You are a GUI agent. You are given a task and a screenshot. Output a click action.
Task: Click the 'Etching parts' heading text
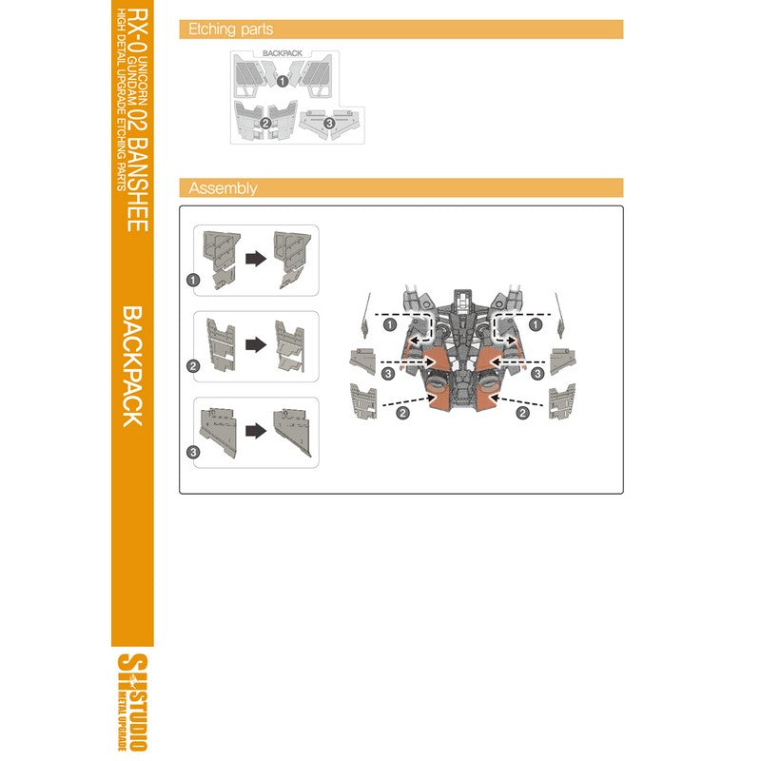(230, 29)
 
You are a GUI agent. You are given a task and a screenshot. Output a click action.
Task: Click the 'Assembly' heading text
(223, 187)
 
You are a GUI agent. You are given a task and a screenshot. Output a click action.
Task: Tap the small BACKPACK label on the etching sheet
(283, 53)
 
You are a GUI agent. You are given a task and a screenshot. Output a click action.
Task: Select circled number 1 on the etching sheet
(283, 81)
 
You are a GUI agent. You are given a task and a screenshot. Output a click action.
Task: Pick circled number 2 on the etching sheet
(265, 124)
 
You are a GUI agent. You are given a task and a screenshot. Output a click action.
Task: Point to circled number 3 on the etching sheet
(329, 124)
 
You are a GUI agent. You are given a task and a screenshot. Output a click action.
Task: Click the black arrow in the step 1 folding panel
(256, 259)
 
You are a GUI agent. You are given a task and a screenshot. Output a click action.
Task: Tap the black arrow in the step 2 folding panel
(256, 345)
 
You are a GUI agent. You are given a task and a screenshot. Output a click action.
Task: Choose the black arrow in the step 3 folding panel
(256, 431)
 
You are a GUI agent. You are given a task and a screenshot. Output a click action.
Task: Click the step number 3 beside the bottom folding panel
(193, 453)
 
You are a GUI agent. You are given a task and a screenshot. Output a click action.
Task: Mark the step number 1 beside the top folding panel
(193, 280)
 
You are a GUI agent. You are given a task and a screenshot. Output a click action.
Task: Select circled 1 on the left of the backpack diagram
(390, 324)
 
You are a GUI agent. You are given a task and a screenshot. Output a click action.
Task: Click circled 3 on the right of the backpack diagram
(537, 374)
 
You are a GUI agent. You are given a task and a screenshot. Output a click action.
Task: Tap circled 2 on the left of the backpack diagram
(402, 413)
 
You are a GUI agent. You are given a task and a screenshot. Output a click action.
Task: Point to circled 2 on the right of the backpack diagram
(522, 413)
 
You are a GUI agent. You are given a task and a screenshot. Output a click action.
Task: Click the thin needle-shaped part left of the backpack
(366, 316)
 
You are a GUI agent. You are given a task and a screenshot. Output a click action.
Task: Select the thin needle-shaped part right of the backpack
(559, 316)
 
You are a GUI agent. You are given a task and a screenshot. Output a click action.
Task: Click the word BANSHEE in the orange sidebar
(137, 184)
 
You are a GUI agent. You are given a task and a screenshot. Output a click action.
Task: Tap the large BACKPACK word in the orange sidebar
(131, 366)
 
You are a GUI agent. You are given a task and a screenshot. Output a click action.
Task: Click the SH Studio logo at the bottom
(132, 702)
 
